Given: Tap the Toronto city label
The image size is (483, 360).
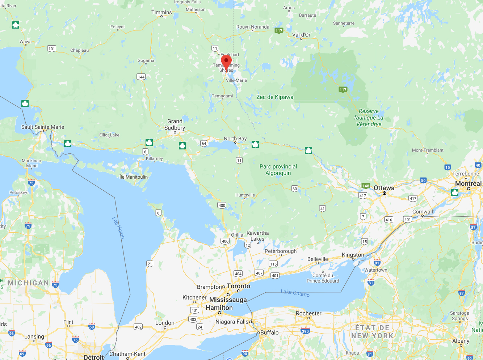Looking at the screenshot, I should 238,286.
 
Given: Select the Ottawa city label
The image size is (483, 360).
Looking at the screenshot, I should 384,188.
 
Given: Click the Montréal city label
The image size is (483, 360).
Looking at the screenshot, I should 468,183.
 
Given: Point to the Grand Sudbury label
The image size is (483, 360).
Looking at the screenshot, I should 175,124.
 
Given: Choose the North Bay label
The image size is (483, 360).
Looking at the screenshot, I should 235,139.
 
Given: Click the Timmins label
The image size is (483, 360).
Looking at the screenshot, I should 161,12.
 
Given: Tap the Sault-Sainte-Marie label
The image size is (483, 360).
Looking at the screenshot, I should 43,127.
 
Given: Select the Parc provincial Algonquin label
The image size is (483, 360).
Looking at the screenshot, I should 278,170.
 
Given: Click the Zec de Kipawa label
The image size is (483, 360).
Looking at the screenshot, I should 275,97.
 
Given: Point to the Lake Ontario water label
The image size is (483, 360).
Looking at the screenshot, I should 295,293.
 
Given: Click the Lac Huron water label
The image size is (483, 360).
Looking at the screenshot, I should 118,228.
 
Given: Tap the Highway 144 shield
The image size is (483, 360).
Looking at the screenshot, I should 141,77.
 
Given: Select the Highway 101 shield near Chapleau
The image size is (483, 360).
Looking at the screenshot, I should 52,49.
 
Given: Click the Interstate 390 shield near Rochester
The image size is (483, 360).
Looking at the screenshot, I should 305,331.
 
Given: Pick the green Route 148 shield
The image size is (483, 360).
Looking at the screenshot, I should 366,186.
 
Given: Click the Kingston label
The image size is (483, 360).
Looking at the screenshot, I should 353,255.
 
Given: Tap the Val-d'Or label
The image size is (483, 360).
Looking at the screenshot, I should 301,35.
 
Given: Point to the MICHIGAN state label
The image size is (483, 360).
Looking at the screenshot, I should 28,283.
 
